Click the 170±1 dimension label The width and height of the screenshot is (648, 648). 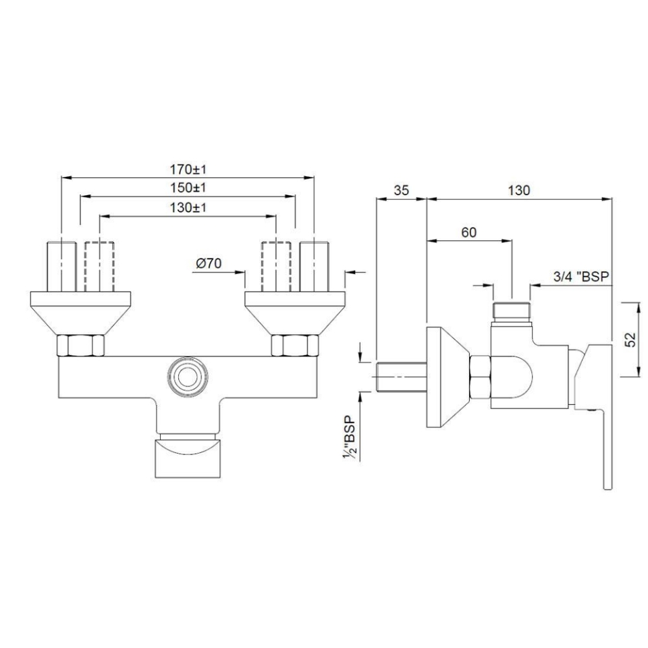click(x=188, y=168)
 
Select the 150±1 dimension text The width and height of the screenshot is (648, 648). click(x=188, y=188)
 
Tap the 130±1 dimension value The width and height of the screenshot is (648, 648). click(x=188, y=208)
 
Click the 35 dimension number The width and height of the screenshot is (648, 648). click(x=401, y=190)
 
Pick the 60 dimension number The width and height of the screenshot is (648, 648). click(x=468, y=232)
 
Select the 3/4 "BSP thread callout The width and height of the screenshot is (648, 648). click(x=578, y=276)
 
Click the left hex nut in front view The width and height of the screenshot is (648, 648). click(x=82, y=346)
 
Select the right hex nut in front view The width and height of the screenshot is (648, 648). click(x=294, y=346)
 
